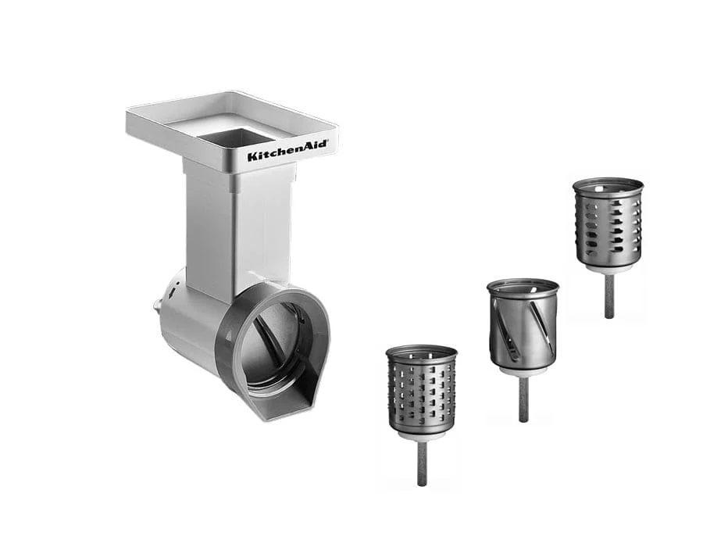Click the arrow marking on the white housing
pyautogui.click(x=173, y=292)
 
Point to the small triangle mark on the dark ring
pyautogui.click(x=229, y=334)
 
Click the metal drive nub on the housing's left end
pyautogui.click(x=156, y=307)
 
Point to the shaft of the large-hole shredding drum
pyautogui.click(x=608, y=295)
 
